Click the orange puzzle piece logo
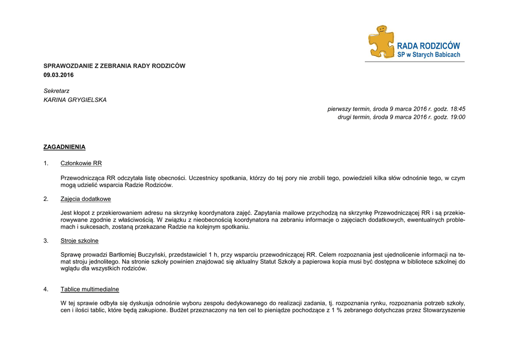[x=380, y=42]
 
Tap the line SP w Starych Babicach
[x=428, y=55]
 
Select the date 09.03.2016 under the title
[x=58, y=75]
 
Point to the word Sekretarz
[x=57, y=91]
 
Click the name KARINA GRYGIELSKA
[x=75, y=100]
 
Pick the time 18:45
[x=457, y=108]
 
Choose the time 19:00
[x=457, y=117]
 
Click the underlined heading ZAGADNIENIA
[x=65, y=147]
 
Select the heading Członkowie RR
[x=81, y=163]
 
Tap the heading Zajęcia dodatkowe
[x=85, y=199]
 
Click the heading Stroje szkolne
[x=80, y=241]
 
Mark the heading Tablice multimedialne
[x=89, y=289]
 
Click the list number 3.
[x=46, y=241]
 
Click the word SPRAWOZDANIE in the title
[x=68, y=66]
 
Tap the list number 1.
[x=46, y=163]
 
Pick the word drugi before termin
[x=345, y=117]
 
